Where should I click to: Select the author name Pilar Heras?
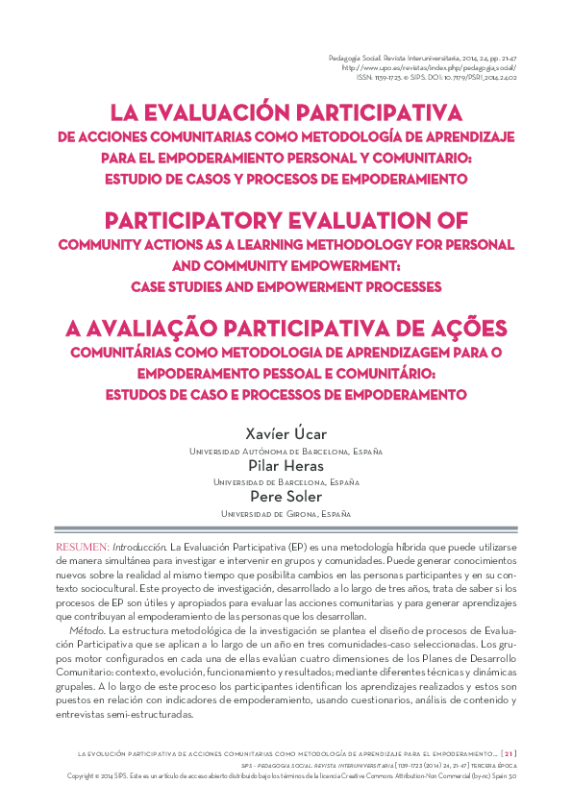286,465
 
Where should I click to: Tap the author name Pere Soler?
286,497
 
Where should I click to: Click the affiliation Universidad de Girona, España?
286,514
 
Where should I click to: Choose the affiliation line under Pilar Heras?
286,482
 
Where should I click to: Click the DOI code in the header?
475,80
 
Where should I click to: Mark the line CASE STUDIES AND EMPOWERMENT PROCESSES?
286,286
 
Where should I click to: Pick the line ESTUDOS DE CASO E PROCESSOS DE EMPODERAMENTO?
286,394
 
